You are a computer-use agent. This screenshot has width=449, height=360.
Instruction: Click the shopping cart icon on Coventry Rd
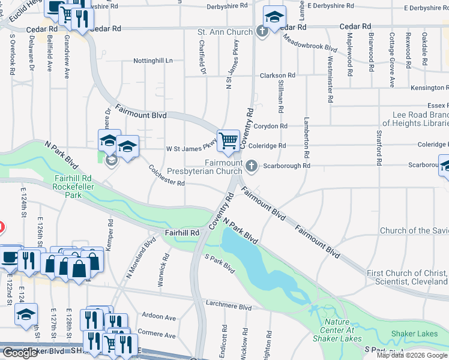(228, 140)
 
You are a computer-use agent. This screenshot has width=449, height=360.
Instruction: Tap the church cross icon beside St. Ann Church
(262, 31)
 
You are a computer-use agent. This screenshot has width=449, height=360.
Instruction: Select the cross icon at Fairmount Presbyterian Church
(252, 166)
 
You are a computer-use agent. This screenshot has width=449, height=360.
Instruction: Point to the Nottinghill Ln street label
(152, 61)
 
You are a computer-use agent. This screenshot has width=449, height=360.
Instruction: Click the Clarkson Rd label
(277, 76)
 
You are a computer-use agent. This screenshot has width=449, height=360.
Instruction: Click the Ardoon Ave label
(159, 317)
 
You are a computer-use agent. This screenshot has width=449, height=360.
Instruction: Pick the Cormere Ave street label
(159, 332)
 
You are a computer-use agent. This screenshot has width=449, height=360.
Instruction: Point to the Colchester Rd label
(166, 176)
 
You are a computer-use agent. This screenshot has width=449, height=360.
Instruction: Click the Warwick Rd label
(163, 259)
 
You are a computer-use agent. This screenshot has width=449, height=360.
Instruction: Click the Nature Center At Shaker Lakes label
(336, 330)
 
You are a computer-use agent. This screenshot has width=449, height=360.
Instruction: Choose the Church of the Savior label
(414, 230)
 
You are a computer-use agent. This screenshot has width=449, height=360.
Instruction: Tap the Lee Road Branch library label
(411, 119)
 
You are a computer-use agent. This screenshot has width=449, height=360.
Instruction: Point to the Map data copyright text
(412, 355)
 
